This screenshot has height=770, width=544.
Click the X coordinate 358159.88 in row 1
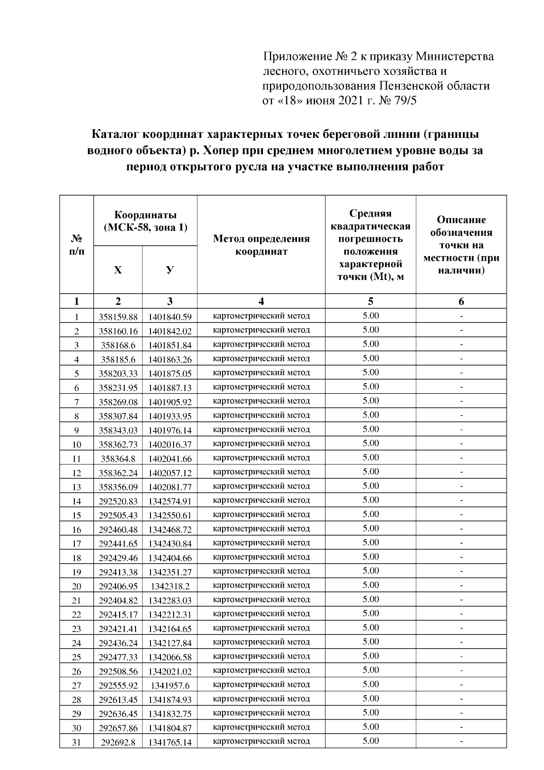(x=118, y=317)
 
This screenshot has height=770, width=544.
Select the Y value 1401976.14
(x=170, y=430)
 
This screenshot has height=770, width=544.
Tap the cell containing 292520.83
(x=118, y=501)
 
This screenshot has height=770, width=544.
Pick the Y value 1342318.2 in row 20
(x=170, y=586)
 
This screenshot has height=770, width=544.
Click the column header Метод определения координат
(x=261, y=245)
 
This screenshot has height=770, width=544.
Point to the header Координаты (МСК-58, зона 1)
(x=145, y=221)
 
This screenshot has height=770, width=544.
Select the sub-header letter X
(x=118, y=270)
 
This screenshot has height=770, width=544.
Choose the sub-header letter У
(x=170, y=270)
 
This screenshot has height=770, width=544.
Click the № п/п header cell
(x=76, y=245)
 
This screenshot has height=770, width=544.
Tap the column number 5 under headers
(x=370, y=301)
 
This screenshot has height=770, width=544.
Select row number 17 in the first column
(x=76, y=544)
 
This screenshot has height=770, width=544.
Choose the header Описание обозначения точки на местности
(x=461, y=245)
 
